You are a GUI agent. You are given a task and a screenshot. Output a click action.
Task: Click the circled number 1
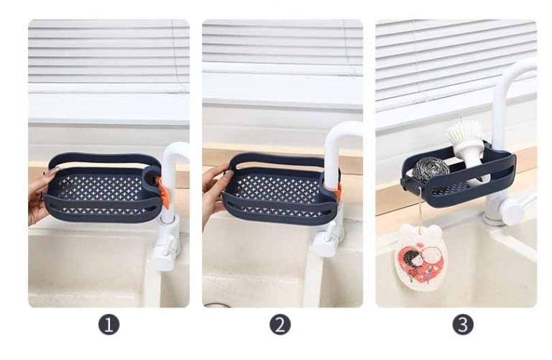pyautogui.click(x=109, y=325)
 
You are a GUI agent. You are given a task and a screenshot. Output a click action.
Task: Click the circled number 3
pyautogui.click(x=463, y=325)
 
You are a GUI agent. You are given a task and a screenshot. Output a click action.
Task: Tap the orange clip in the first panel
pyautogui.click(x=164, y=193)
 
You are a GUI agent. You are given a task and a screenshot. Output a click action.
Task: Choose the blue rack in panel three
pyautogui.click(x=460, y=176)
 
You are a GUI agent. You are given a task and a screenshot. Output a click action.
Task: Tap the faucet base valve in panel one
pyautogui.click(x=165, y=244)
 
